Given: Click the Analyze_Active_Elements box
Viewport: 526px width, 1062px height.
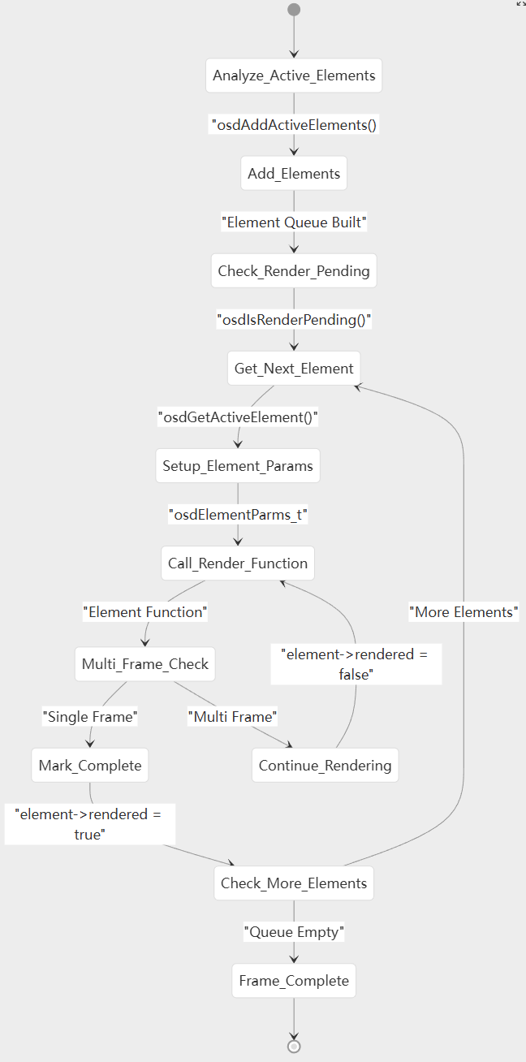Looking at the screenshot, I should coord(294,76).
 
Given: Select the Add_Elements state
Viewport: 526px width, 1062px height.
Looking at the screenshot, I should coord(294,173).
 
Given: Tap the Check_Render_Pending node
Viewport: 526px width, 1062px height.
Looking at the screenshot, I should coord(294,270).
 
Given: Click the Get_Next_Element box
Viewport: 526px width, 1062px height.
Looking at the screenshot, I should coord(294,368).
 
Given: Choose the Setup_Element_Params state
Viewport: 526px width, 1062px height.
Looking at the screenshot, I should coord(238,465).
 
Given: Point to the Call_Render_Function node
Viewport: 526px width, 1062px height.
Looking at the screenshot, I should coord(238,563).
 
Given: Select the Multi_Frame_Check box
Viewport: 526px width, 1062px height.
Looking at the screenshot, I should coord(145,663).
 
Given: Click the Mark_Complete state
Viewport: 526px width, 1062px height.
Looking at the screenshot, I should coord(90,765).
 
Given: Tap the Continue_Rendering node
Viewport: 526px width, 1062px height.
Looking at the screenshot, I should coord(325,765).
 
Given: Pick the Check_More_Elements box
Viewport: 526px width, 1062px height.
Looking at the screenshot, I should coord(294,883).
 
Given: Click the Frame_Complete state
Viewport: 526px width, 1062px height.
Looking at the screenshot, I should coord(294,980).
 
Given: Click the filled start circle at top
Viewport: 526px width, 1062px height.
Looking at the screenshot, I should coord(294,10).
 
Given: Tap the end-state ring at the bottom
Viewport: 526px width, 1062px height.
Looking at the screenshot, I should coord(294,1046).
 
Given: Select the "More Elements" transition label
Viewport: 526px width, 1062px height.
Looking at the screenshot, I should coord(463,612).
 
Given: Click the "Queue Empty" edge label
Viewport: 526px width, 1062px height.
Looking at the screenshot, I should coord(294,932).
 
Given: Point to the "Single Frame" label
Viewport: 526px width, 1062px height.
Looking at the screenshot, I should coord(90,717).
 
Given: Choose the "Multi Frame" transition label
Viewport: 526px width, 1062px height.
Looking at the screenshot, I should coord(233,717).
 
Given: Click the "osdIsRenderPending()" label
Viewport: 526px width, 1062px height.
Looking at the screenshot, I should coord(294,319).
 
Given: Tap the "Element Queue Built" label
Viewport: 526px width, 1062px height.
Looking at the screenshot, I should coord(294,222).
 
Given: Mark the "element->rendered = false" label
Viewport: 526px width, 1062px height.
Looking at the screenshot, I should coord(355,663).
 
